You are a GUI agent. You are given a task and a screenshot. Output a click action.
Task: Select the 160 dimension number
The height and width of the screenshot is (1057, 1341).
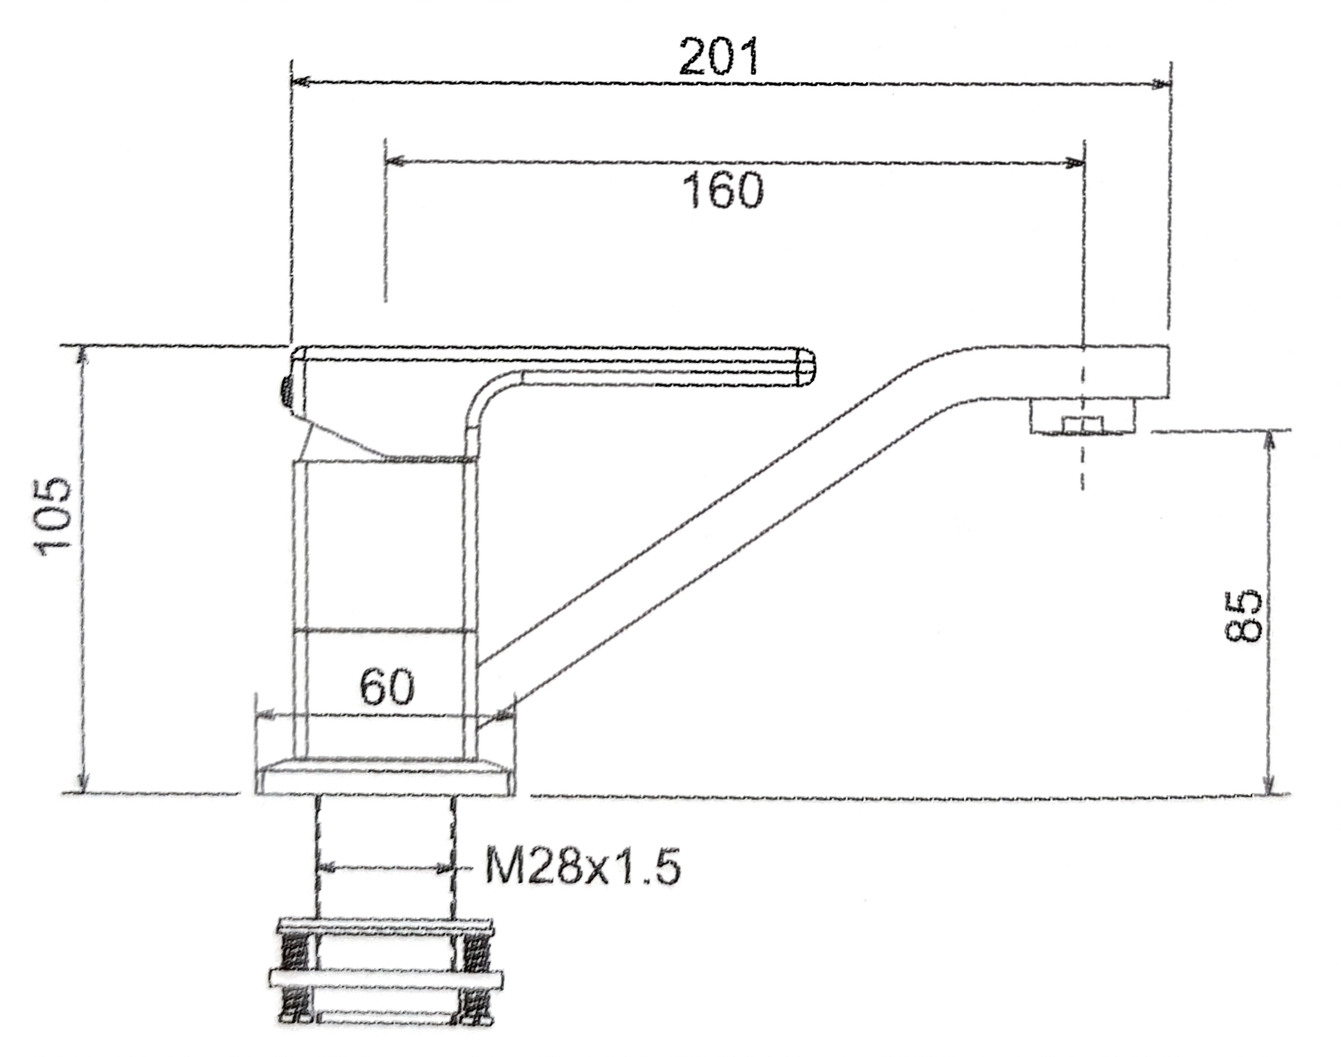coord(723,190)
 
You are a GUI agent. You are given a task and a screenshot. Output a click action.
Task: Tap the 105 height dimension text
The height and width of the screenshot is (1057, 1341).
coord(55,516)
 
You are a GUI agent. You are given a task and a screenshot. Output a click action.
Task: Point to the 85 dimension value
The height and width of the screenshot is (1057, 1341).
coord(1244,615)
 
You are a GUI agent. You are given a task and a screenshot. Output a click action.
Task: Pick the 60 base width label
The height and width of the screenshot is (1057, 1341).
coord(387,686)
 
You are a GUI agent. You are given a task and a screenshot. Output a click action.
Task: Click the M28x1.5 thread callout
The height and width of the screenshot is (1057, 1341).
coord(582,866)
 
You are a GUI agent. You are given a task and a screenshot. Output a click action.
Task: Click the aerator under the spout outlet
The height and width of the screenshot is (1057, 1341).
coord(1082,416)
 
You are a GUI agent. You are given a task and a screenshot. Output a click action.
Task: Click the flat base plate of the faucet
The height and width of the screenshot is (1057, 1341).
coord(386,776)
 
